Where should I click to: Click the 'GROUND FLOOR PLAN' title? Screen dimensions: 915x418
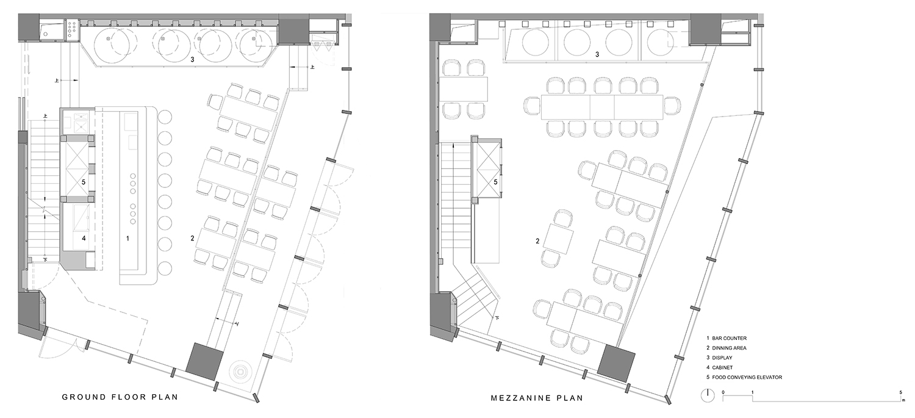[x=120, y=397]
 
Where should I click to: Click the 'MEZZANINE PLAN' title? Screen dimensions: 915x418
[x=537, y=398]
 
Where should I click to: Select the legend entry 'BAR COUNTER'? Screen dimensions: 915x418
[x=729, y=338]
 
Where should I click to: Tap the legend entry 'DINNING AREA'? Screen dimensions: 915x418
[x=729, y=348]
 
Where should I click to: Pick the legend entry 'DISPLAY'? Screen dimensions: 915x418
[x=722, y=358]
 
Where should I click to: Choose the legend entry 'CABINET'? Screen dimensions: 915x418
[x=722, y=368]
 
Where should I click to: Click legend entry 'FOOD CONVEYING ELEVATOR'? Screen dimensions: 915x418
[x=747, y=378]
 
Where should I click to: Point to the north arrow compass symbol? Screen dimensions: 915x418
[x=708, y=395]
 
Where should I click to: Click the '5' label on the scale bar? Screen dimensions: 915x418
[x=901, y=392]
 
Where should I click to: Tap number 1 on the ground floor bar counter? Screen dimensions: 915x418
[x=127, y=238]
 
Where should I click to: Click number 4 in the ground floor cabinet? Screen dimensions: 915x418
[x=84, y=238]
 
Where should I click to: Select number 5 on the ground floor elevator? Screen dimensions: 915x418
[x=84, y=182]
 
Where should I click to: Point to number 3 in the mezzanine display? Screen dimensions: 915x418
[x=597, y=54]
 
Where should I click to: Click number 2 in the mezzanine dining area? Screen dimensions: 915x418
[x=537, y=242]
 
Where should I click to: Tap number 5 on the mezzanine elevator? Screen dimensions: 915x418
[x=495, y=182]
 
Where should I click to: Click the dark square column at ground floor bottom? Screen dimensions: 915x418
[x=204, y=362]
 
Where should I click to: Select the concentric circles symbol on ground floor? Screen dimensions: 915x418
[x=239, y=372]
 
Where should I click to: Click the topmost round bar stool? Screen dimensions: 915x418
[x=165, y=117]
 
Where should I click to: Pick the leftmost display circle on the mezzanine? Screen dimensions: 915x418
[x=536, y=43]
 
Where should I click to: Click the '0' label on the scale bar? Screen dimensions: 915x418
[x=723, y=392]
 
